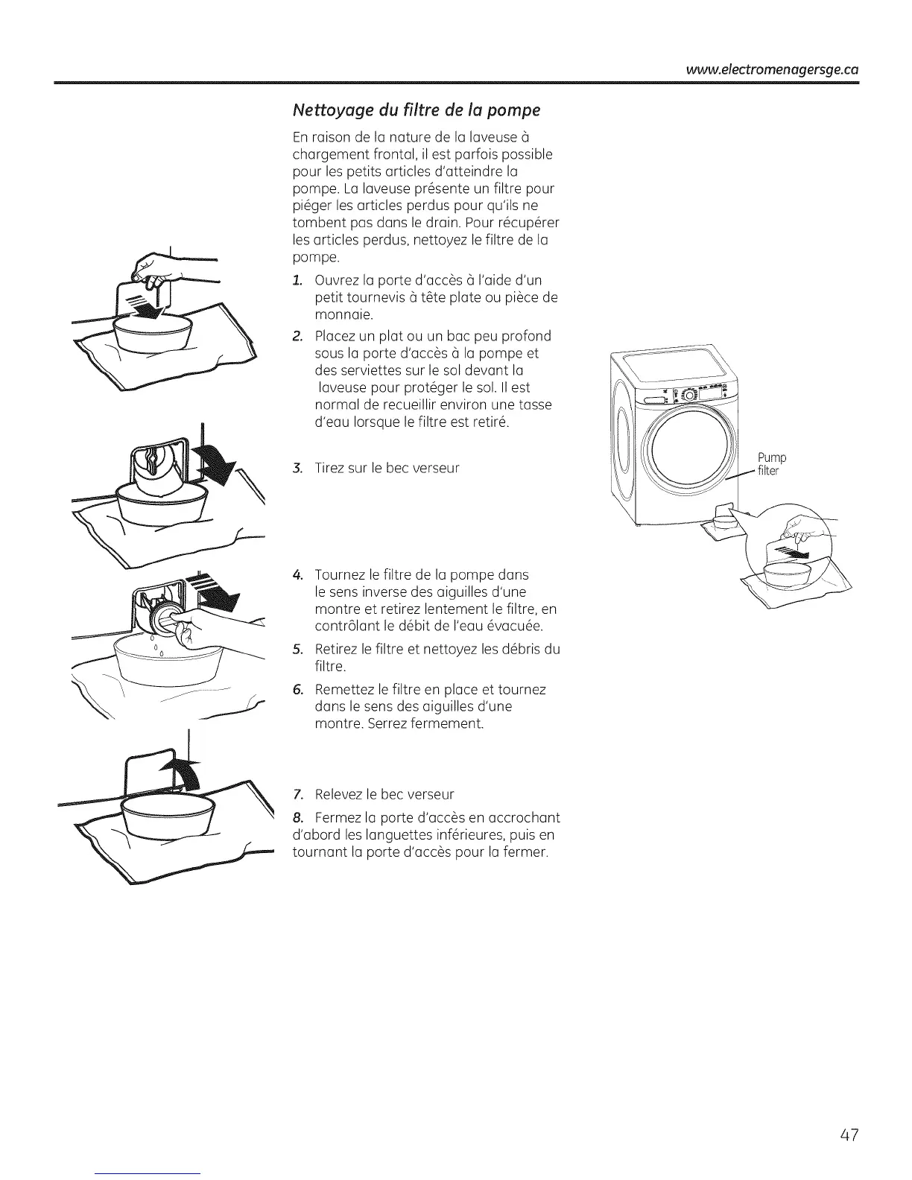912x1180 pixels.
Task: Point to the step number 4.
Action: click(297, 575)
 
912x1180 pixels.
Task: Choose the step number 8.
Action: click(297, 818)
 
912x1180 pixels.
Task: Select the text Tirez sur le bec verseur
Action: click(387, 469)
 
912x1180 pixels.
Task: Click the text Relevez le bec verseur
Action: click(384, 794)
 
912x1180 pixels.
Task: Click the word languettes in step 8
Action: click(393, 834)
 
